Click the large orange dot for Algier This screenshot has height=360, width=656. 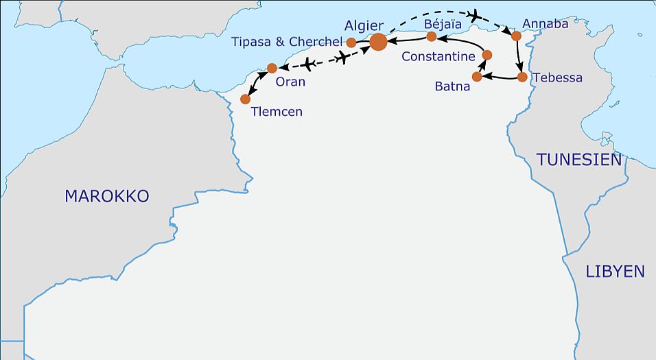378,43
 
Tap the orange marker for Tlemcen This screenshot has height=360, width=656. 246,99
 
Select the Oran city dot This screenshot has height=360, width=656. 272,68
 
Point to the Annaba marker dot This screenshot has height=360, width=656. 517,35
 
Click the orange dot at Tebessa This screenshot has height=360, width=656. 522,77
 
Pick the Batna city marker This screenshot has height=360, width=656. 477,77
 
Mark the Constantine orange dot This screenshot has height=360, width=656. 487,55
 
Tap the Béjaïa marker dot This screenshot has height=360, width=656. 431,36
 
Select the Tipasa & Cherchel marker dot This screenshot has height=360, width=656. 351,43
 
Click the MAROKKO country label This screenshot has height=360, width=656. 106,196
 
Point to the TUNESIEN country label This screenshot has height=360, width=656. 579,160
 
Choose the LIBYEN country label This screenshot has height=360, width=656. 615,272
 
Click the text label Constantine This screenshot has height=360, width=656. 438,57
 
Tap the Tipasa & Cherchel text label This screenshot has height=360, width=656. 287,42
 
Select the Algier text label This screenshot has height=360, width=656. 364,25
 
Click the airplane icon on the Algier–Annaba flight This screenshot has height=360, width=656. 473,14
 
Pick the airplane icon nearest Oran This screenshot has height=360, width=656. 308,65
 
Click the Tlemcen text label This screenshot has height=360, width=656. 277,112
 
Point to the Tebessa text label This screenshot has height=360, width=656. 557,77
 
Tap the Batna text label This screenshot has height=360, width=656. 452,86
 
